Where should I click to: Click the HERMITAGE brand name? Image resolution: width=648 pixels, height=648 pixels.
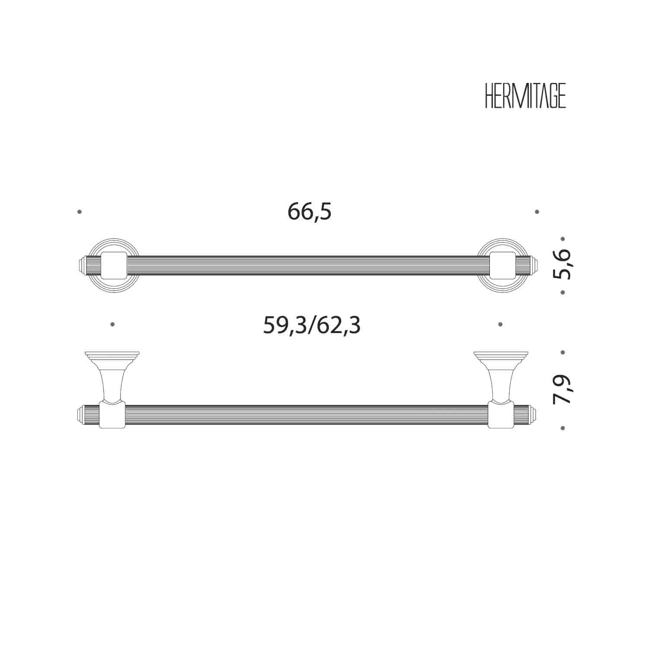[x=525, y=96]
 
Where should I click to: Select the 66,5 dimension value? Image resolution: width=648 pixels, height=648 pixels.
[x=309, y=212]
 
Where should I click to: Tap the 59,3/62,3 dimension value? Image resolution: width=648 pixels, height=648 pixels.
[x=311, y=325]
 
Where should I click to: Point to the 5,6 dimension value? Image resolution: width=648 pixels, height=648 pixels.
[x=562, y=264]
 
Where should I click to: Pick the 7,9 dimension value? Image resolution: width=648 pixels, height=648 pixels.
[x=562, y=389]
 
